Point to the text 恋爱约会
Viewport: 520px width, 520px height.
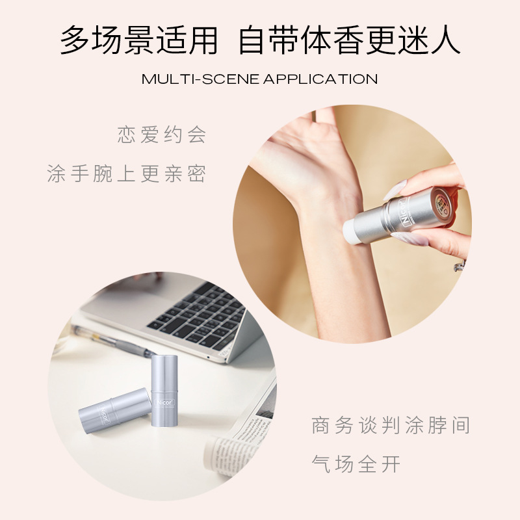(162, 135)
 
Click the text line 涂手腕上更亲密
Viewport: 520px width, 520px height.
(127, 174)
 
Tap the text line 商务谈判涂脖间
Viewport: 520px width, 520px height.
(391, 426)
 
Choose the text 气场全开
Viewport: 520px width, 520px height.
(356, 465)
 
